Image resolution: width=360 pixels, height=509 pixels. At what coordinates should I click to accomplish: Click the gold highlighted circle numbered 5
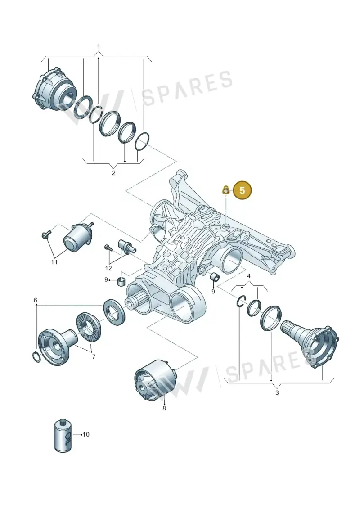[242, 190]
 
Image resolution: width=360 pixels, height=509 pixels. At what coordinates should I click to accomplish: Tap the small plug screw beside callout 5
[225, 190]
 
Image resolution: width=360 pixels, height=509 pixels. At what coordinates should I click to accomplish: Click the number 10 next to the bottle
[85, 434]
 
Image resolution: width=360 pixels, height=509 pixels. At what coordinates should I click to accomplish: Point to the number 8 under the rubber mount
[164, 408]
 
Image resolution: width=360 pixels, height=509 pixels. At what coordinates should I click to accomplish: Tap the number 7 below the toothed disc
[94, 357]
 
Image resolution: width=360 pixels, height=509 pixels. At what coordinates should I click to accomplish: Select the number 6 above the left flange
[36, 300]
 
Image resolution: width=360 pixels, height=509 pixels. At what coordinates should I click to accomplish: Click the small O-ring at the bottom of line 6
[37, 357]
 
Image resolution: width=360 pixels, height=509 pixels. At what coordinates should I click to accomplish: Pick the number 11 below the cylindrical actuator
[54, 261]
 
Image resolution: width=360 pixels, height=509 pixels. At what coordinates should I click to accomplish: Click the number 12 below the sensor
[108, 269]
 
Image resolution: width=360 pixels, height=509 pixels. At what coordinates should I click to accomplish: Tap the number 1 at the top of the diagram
[99, 46]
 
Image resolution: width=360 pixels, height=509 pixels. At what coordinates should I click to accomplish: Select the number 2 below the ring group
[113, 173]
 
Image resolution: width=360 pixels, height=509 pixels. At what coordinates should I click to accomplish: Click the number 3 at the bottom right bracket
[277, 393]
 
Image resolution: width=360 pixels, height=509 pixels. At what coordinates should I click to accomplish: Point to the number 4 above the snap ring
[249, 276]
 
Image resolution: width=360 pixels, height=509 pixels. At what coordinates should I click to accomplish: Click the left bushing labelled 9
[121, 281]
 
